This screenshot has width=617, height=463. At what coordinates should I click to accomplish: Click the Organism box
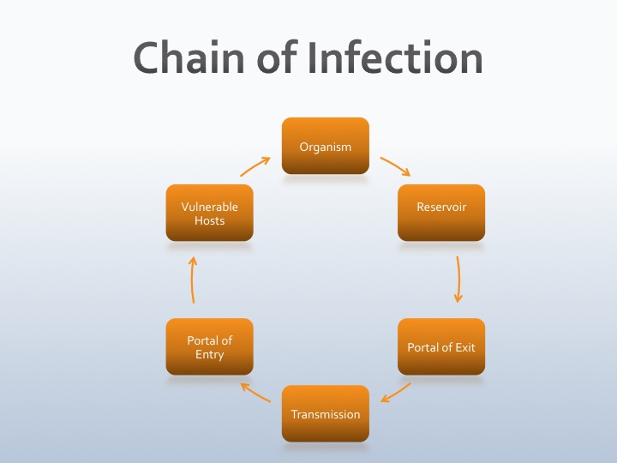click(326, 146)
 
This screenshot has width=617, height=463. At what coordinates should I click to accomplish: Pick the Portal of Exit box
click(441, 346)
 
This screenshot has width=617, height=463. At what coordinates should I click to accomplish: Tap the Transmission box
click(326, 413)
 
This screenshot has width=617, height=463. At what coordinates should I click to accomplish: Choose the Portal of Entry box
click(209, 346)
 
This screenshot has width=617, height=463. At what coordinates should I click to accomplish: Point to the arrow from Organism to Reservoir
click(395, 165)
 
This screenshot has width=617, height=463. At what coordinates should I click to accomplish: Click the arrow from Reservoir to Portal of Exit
click(458, 279)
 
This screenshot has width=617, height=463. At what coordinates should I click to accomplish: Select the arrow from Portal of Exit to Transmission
click(396, 392)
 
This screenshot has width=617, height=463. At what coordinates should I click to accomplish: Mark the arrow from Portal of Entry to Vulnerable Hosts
click(193, 279)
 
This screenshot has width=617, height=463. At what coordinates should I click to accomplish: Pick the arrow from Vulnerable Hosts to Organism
click(255, 165)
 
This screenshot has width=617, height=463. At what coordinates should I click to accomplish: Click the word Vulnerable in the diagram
click(209, 207)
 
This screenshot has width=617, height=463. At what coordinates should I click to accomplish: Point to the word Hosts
click(209, 220)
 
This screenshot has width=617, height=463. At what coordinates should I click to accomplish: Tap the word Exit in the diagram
click(464, 347)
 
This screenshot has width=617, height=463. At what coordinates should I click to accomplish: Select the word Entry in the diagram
click(209, 354)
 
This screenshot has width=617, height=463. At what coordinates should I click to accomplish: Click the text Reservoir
click(441, 207)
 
